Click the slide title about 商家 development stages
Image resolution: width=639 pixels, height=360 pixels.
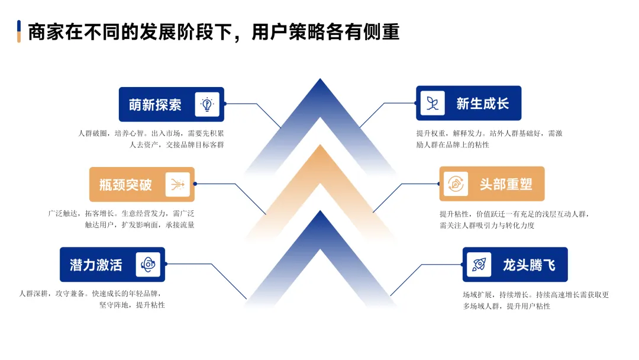tap(214, 31)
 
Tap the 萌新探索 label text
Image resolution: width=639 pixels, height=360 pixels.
tap(155, 105)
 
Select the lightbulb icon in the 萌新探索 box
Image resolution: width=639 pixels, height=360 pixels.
tap(207, 105)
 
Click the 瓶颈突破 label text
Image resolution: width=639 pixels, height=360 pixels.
tap(125, 185)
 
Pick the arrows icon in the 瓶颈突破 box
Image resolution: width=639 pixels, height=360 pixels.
tap(177, 185)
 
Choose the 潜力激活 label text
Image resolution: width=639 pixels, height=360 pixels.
tap(96, 265)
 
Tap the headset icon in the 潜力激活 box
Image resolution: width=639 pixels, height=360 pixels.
tap(148, 265)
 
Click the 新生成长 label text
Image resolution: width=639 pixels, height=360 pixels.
tap(482, 104)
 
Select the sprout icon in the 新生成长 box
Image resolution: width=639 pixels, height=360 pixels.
tap(433, 104)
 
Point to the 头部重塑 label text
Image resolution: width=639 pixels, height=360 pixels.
tap(506, 184)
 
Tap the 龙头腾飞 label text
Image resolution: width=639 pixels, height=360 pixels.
tap(530, 265)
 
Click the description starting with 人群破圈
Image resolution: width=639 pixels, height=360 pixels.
tap(151, 139)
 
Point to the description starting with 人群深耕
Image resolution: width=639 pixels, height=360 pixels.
tap(92, 299)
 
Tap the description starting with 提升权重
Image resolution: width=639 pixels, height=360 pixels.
tap(489, 139)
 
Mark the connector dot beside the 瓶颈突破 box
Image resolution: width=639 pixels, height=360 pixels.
tap(195, 184)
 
